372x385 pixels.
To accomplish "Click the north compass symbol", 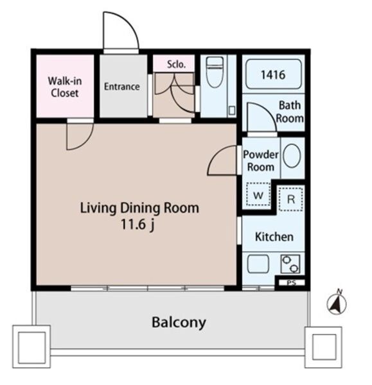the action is (337, 304).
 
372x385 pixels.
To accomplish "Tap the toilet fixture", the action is (215, 72).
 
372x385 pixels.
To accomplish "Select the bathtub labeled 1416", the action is (274, 74).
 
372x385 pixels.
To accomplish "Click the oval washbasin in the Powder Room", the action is (292, 156).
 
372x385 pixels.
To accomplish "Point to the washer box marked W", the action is (258, 194).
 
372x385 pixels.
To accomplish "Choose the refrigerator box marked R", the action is (290, 199).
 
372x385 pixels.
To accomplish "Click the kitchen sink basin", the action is (258, 264).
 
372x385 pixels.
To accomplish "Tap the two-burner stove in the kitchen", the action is (290, 264).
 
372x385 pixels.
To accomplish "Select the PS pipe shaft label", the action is (292, 283).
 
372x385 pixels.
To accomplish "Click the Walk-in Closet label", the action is (65, 87).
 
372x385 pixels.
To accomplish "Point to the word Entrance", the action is (121, 87).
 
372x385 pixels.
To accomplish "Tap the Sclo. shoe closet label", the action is (176, 64).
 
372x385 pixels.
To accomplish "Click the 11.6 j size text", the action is (137, 225).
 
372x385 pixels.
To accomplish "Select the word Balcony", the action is (179, 322).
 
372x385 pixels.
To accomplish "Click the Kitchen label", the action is (274, 237).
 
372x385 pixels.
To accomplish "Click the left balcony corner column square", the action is (31, 346).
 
